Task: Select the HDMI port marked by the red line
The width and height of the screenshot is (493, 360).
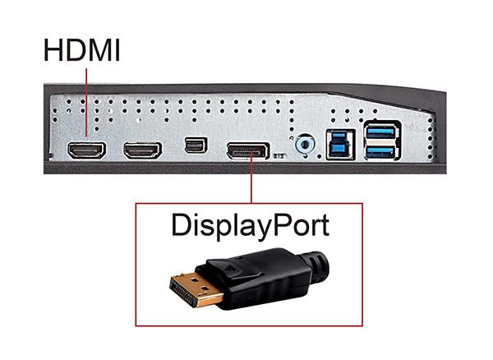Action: point(85,151)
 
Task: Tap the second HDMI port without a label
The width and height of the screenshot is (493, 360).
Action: point(141,151)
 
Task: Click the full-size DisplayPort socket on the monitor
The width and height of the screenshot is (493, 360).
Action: point(246,150)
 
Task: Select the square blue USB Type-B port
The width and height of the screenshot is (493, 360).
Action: point(339,145)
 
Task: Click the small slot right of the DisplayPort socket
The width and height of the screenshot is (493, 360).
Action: point(279,154)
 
